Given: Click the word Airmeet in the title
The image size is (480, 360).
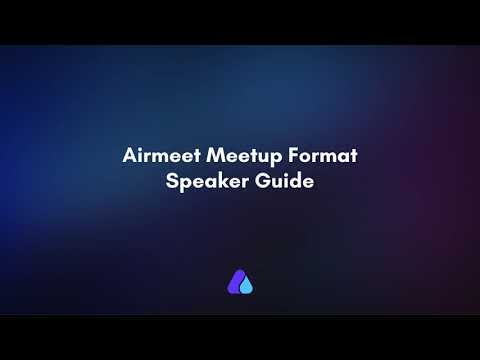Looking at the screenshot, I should tap(157, 157).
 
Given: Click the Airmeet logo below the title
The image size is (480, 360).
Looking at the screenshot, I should tap(240, 283).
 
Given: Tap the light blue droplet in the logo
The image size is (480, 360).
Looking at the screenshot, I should tap(247, 287).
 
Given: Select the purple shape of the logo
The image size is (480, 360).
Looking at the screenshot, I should tap(236, 282).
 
